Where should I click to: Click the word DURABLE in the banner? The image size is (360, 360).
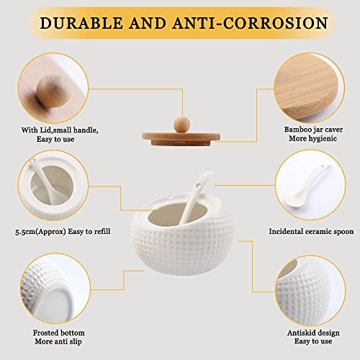[81, 23]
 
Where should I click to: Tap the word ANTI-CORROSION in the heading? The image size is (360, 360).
[250, 23]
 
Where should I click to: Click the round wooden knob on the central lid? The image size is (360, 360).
[181, 125]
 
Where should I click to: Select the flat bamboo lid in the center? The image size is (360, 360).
[181, 139]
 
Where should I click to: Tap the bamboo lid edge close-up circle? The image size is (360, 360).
[310, 88]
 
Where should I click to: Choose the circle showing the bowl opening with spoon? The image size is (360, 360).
[53, 185]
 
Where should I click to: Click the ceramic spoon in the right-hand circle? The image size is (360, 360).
[307, 186]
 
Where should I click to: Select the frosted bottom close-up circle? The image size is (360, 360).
[55, 288]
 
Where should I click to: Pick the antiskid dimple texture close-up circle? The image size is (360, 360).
[310, 290]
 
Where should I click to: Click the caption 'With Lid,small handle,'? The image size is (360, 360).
[60, 130]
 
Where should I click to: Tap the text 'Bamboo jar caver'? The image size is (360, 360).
[313, 130]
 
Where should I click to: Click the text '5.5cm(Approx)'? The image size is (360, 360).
[40, 232]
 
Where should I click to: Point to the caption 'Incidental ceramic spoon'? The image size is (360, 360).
[311, 231]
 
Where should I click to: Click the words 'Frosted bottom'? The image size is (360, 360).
[59, 333]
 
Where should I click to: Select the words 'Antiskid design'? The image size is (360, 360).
[313, 333]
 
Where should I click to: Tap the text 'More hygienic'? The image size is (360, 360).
[312, 138]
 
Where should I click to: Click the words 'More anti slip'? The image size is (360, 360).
[58, 341]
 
